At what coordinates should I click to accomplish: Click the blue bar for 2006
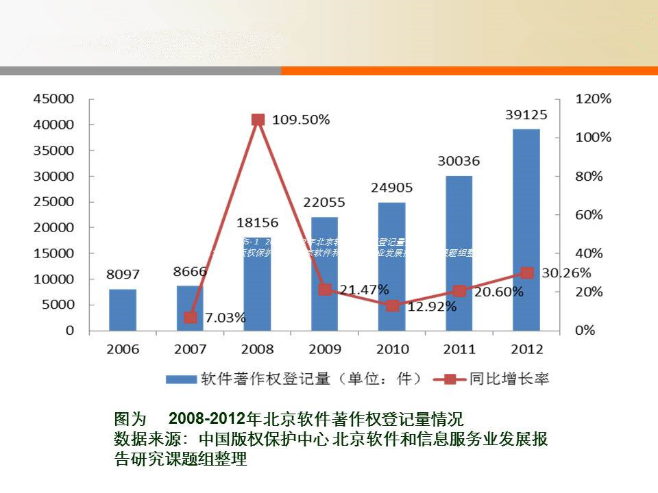pos(123,309)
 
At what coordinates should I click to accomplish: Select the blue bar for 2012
pos(526,229)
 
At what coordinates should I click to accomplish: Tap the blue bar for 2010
pos(392,266)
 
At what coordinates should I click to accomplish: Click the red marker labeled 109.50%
pos(258,120)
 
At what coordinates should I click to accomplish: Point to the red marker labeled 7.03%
pos(191,317)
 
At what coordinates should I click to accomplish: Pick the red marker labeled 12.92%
pos(392,305)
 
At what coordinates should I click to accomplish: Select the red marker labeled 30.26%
pos(526,273)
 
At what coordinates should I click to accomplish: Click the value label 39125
pos(526,114)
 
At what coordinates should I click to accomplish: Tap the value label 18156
pos(258,223)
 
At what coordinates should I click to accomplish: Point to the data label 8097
pos(123,275)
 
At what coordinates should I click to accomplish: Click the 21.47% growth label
pos(365,289)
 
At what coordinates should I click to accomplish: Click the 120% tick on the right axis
pos(593,99)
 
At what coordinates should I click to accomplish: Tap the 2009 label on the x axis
pos(325,349)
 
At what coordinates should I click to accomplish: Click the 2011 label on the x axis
pos(459,349)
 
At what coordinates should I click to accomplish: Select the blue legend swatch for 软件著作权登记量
pos(180,379)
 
